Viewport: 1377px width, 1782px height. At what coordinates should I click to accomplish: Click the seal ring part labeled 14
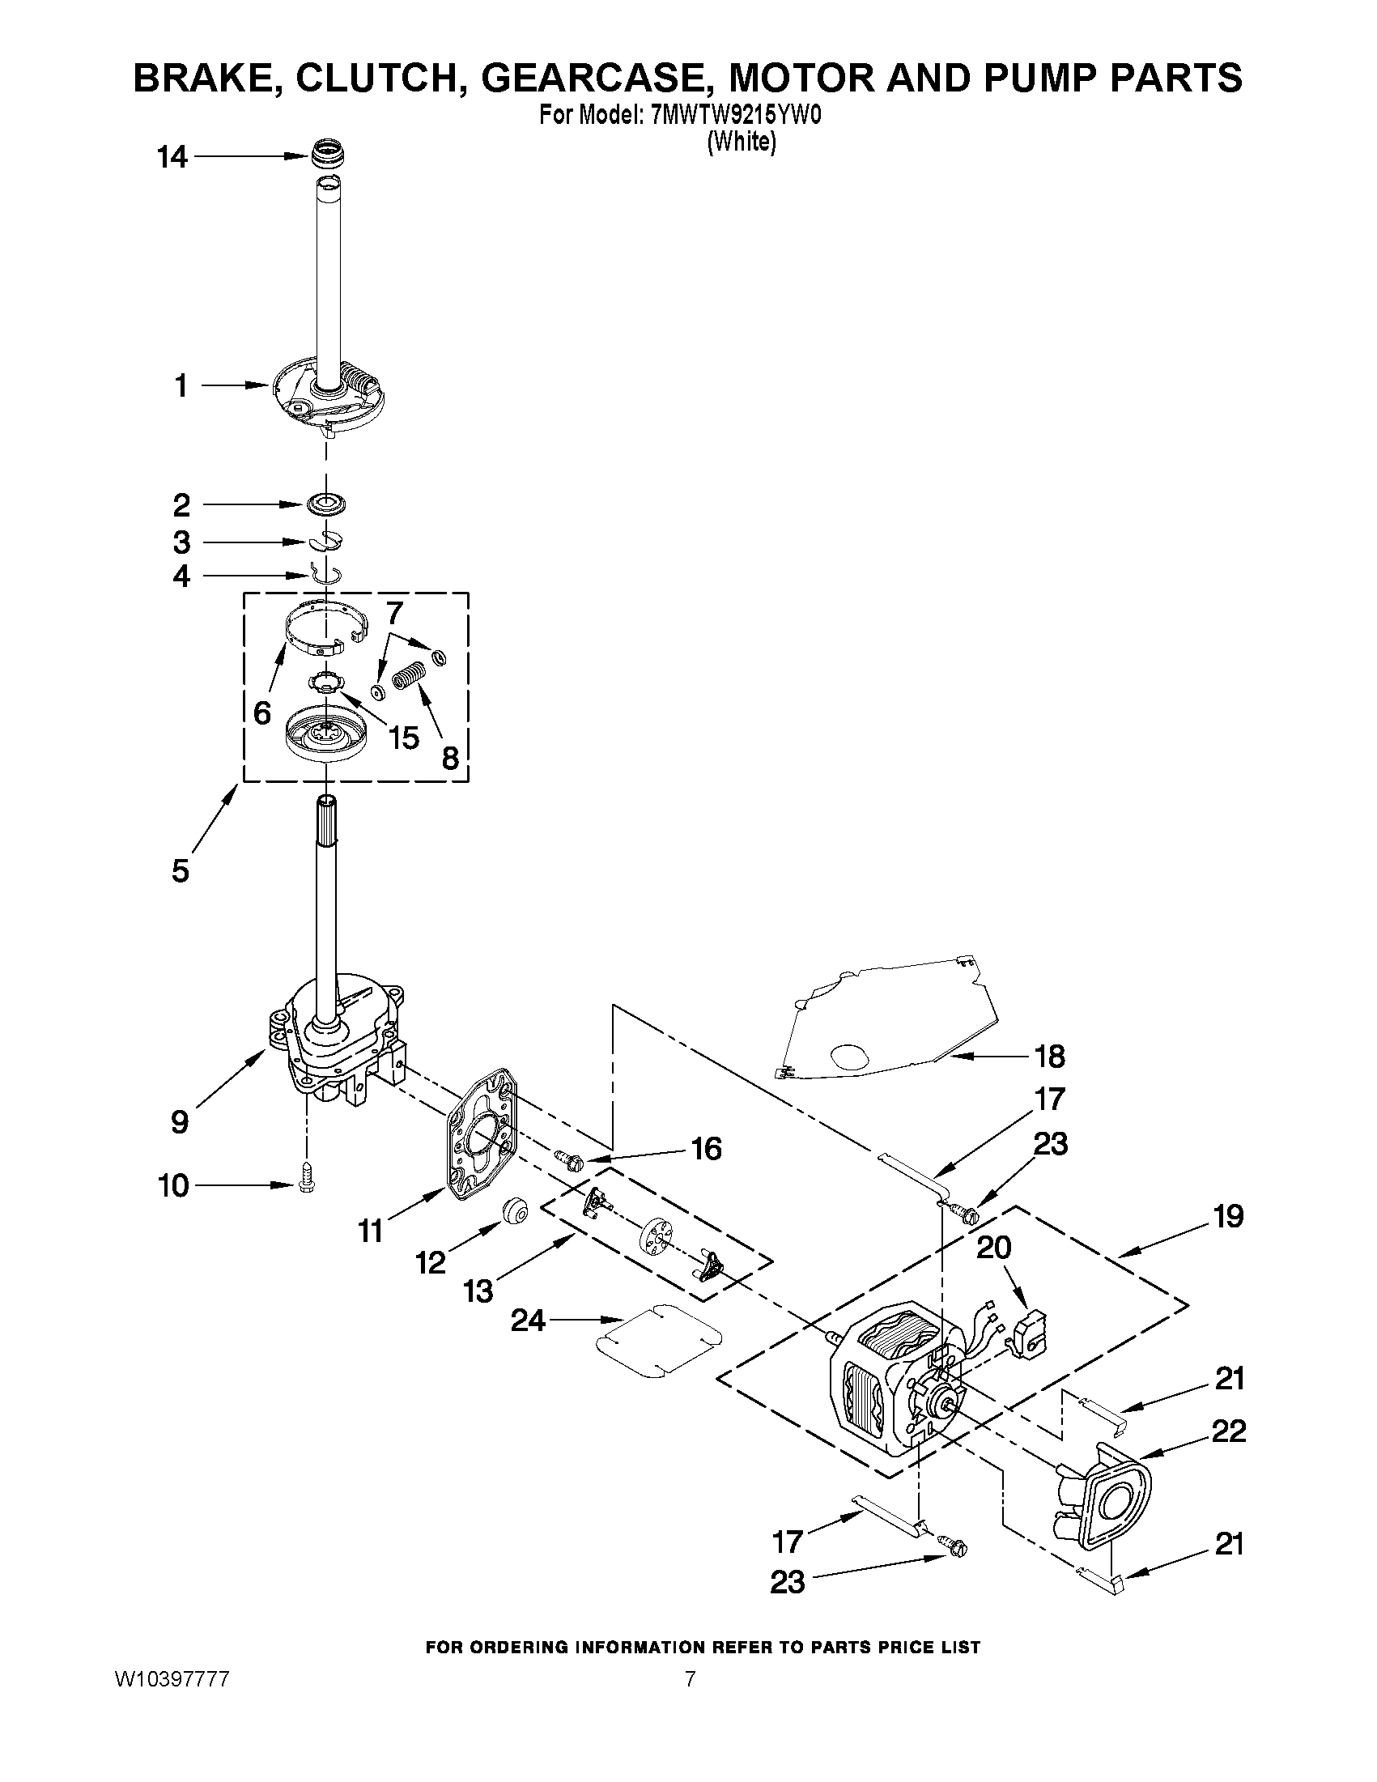[x=330, y=151]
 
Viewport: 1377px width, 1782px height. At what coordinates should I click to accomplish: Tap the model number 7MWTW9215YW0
[x=735, y=116]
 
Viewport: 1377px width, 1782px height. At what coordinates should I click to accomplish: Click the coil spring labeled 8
[x=406, y=678]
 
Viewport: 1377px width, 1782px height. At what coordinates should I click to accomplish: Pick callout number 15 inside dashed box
[x=404, y=738]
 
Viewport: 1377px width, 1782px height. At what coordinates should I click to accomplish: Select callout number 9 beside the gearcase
[x=181, y=1122]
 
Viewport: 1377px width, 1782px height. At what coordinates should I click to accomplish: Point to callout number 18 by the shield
[x=1049, y=1057]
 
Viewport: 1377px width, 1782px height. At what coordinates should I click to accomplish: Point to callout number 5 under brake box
[x=181, y=870]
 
